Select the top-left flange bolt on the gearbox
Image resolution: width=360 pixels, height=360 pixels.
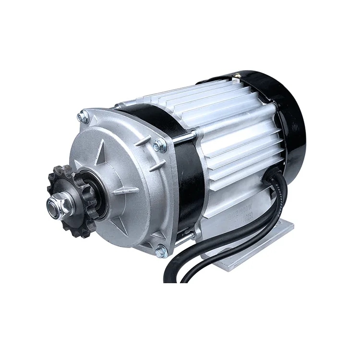click(83, 117)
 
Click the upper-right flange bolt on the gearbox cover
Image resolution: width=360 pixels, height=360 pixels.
click(159, 145)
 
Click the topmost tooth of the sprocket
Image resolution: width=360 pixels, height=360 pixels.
click(57, 168)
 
